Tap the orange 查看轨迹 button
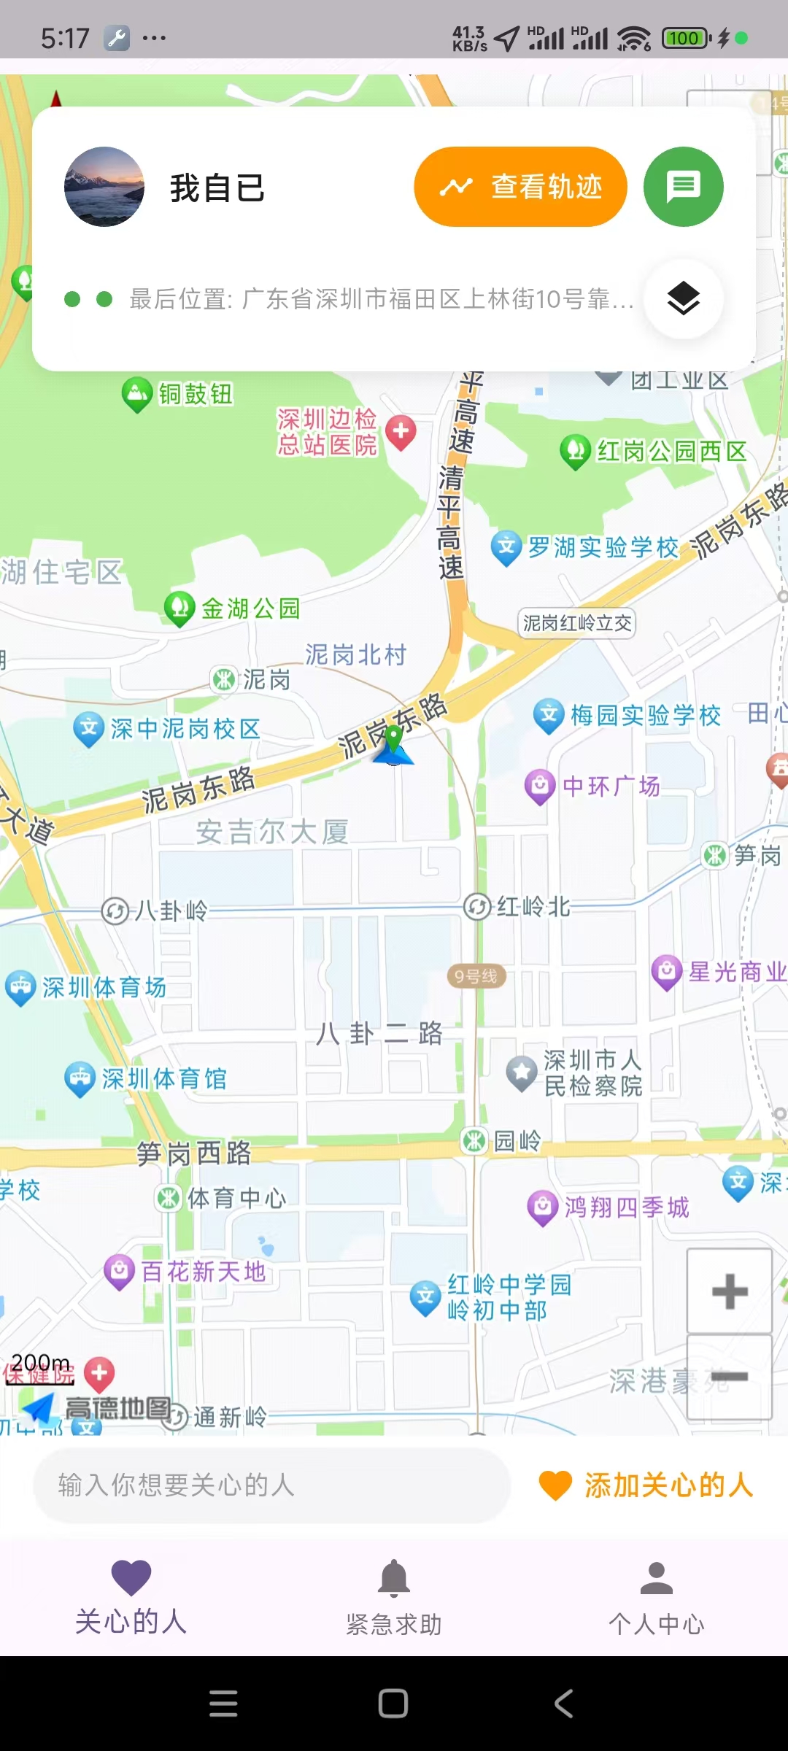pyautogui.click(x=520, y=187)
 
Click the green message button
pyautogui.click(x=683, y=187)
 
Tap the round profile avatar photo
pyautogui.click(x=104, y=187)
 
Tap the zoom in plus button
pyautogui.click(x=729, y=1291)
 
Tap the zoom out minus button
pyautogui.click(x=729, y=1377)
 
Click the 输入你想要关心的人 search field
pyautogui.click(x=271, y=1485)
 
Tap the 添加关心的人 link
pyautogui.click(x=646, y=1485)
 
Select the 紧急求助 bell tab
pyautogui.click(x=394, y=1597)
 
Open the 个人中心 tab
pyautogui.click(x=656, y=1597)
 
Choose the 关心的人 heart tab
pyautogui.click(x=131, y=1597)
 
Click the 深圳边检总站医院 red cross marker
pyautogui.click(x=401, y=431)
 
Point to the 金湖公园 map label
pyautogui.click(x=250, y=608)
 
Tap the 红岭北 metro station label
pyautogui.click(x=533, y=907)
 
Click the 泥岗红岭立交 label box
pyautogui.click(x=577, y=623)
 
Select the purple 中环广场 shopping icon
pyautogui.click(x=540, y=786)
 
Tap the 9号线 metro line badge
pyautogui.click(x=476, y=976)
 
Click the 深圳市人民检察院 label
pyautogui.click(x=592, y=1072)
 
